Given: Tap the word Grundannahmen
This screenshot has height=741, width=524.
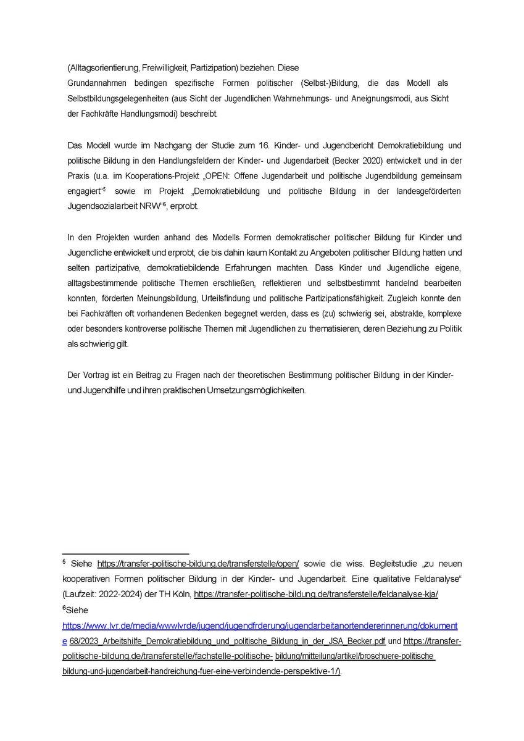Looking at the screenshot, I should coord(96,83).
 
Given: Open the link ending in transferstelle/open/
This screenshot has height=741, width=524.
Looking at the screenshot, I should coord(198,564).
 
